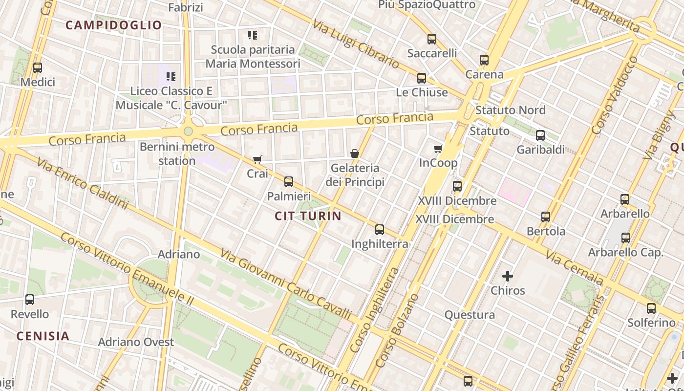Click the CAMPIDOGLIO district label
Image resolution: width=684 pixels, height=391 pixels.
tap(113, 25)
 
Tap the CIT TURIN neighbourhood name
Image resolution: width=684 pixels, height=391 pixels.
tap(308, 216)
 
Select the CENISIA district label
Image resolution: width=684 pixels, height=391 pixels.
tap(43, 336)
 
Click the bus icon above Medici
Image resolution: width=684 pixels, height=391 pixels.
tap(38, 68)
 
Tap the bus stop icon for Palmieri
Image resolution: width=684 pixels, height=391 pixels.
tap(289, 182)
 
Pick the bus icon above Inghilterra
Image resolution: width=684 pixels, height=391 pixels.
tap(380, 230)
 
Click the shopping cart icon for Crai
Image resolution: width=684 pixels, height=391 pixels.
tap(257, 159)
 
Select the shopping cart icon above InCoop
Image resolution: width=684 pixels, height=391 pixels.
tap(438, 149)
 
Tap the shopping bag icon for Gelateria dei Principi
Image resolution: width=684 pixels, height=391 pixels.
tap(355, 153)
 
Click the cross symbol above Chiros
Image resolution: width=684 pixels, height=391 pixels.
tap(508, 276)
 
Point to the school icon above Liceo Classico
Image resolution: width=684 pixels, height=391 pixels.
tap(171, 77)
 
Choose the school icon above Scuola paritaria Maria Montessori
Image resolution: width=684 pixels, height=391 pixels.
tap(252, 35)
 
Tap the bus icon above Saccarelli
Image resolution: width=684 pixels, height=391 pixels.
tap(432, 39)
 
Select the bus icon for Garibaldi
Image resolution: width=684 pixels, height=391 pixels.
tap(540, 135)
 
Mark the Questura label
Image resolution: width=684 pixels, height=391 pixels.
tap(469, 315)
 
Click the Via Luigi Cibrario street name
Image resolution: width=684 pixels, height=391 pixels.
tap(356, 44)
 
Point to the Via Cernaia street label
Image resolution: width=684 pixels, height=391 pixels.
tap(575, 268)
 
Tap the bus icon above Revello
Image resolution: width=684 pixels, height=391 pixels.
tap(30, 300)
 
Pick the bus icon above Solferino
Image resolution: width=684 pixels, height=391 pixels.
tap(651, 308)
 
